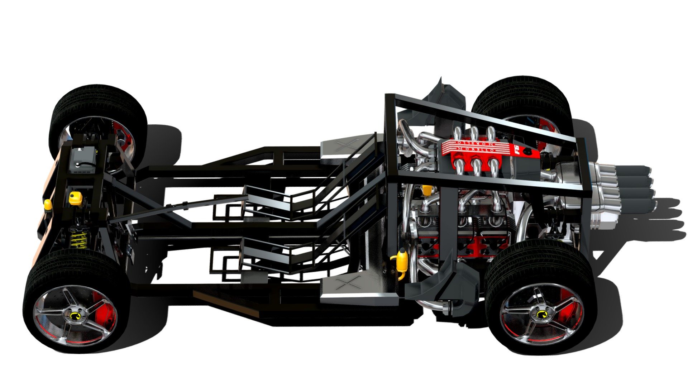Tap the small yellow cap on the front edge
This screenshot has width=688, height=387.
point(47,204)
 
